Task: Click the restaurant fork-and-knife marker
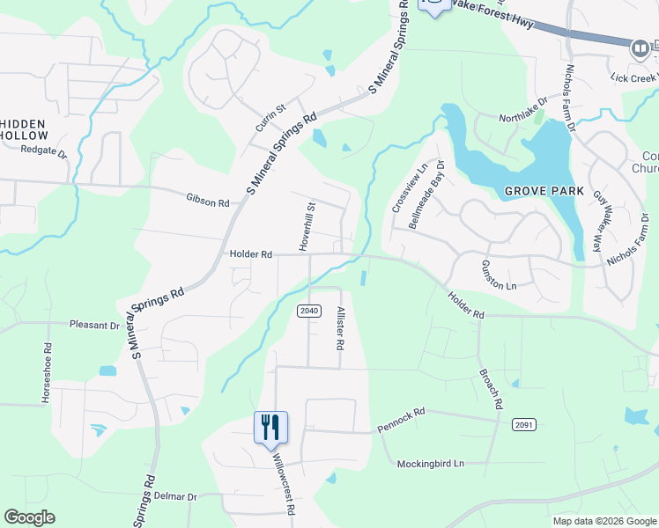(270, 429)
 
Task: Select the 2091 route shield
(522, 424)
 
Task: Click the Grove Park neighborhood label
(537, 191)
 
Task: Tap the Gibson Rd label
(208, 202)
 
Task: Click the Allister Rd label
(339, 328)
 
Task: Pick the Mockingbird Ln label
(430, 463)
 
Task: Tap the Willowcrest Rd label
(283, 483)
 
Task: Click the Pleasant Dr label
(94, 325)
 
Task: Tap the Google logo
(29, 517)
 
